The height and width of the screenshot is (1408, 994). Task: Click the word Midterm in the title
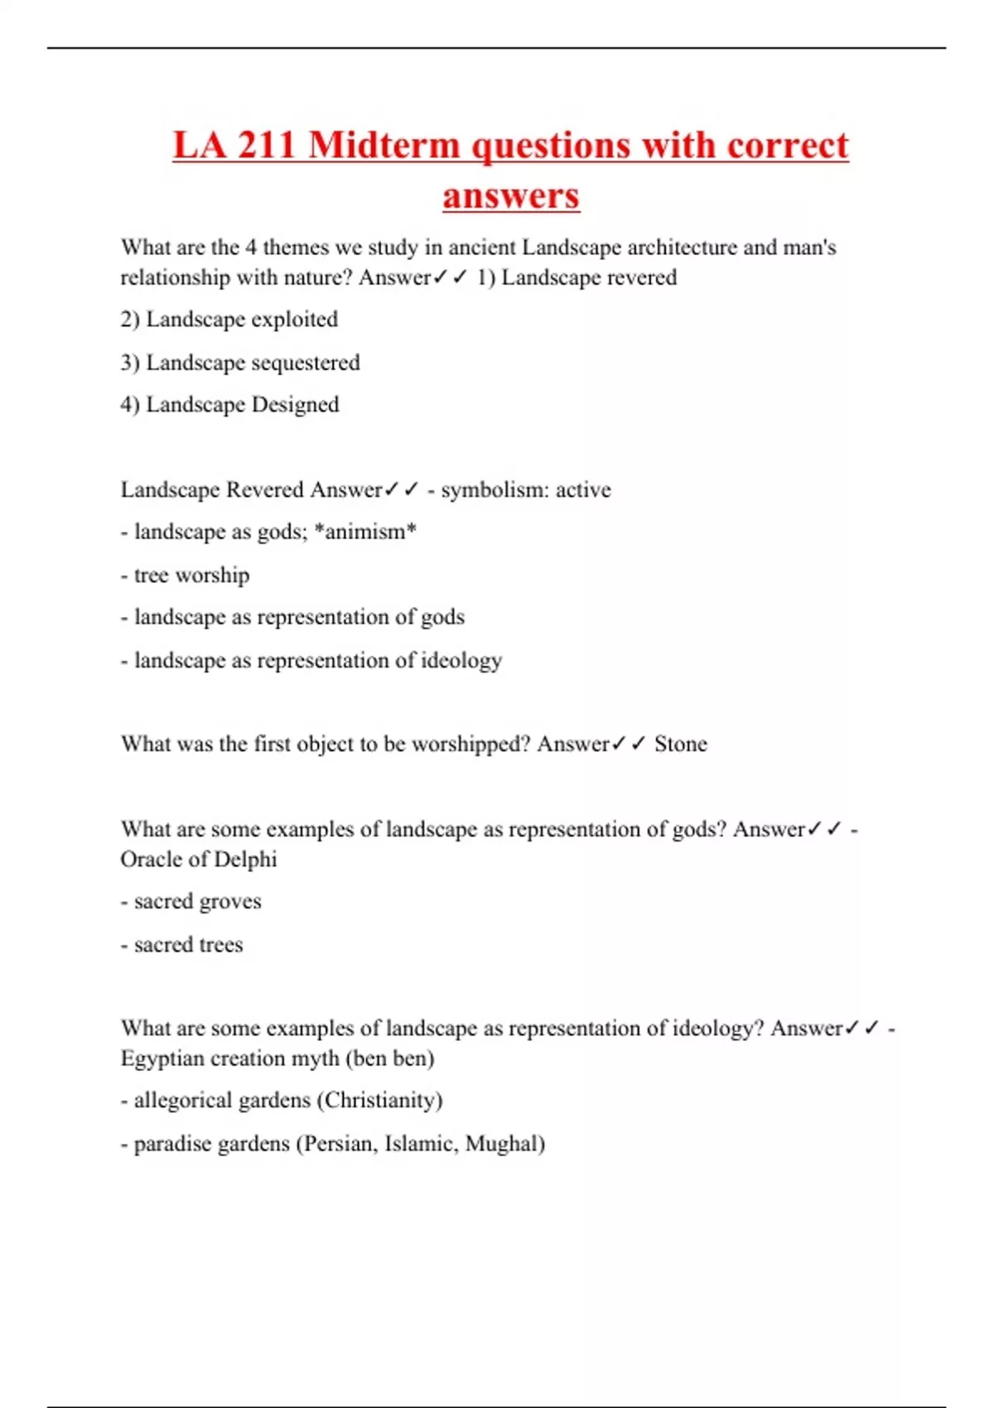384,146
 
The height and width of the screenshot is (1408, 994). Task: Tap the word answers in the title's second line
511,196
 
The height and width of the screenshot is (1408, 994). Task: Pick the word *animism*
365,532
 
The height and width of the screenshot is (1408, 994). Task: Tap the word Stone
681,744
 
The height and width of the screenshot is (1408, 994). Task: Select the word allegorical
177,1101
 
